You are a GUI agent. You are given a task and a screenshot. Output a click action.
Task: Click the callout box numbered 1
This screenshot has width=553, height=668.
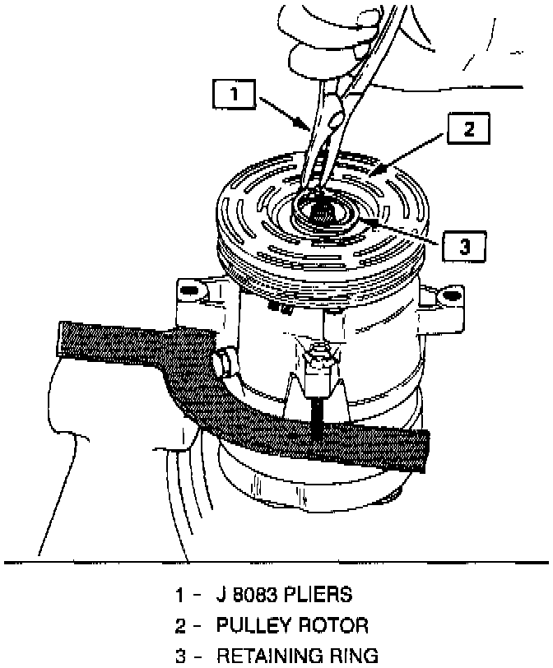click(235, 95)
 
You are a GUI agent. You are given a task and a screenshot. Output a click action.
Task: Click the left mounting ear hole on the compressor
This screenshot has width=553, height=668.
click(188, 290)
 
